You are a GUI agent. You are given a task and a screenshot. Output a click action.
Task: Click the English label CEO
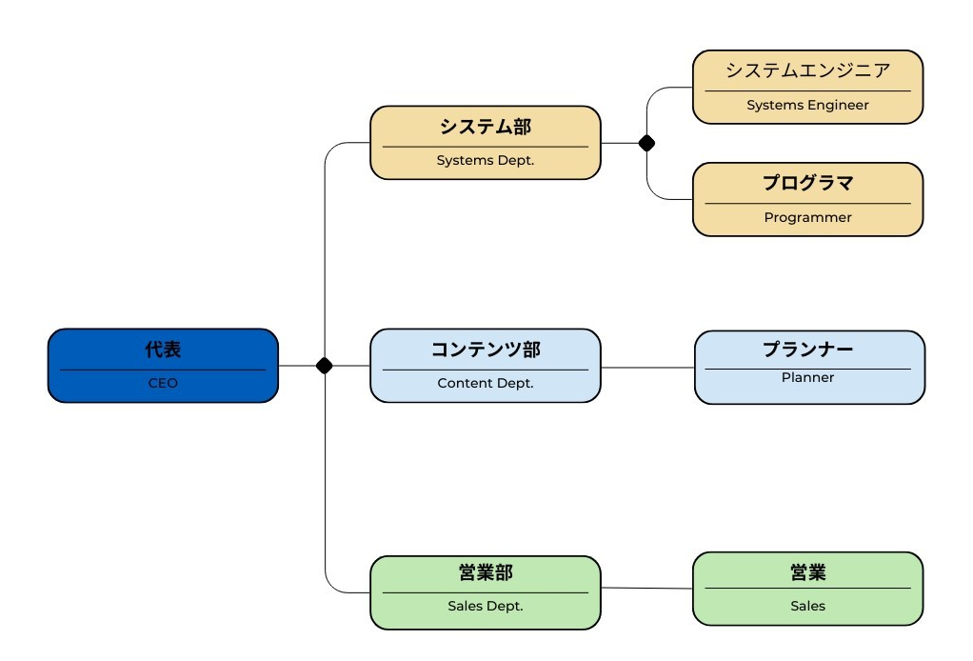[x=163, y=383]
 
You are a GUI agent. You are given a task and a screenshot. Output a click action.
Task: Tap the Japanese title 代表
[x=163, y=350]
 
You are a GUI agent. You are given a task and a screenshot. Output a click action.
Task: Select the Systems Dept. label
[x=486, y=160]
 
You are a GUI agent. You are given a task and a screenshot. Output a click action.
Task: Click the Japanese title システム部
[x=486, y=127]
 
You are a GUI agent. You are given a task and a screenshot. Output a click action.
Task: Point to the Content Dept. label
[x=486, y=383]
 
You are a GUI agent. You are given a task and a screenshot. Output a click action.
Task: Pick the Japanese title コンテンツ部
[x=486, y=350]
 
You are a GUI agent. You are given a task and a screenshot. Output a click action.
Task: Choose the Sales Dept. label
[x=486, y=606]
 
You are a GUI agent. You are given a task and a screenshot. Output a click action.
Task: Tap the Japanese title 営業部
[x=486, y=572]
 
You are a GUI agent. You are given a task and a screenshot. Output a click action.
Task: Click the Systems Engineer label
[x=807, y=105]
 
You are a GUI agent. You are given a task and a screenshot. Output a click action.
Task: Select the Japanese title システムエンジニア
[x=807, y=70]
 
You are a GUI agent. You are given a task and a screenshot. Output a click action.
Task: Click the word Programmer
[x=807, y=217]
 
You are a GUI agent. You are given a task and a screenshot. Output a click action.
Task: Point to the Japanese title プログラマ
[x=807, y=183]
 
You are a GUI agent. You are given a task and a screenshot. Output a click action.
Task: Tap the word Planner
[x=807, y=377]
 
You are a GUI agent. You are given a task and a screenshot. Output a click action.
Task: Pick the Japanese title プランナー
[x=807, y=350]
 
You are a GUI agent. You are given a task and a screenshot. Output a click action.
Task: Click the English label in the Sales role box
[x=807, y=606]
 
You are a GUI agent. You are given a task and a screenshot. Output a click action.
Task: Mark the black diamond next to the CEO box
[x=324, y=366]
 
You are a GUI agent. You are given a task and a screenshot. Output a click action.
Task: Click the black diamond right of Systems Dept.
[x=646, y=144]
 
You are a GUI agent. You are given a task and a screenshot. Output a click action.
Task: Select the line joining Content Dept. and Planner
[x=647, y=368]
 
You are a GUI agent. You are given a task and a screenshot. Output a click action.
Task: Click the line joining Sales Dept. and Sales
[x=646, y=588]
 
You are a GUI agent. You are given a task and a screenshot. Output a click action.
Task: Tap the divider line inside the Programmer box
[x=807, y=204]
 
